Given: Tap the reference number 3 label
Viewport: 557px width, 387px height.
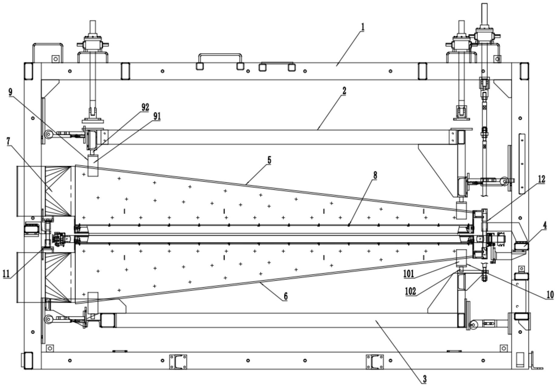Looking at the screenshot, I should (x=425, y=379).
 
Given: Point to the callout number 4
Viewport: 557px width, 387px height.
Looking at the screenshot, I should (x=545, y=225).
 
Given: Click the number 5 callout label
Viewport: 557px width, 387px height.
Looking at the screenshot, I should (x=269, y=160).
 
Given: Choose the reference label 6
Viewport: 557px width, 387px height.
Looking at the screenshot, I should (x=285, y=296).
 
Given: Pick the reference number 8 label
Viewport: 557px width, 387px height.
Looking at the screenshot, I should (x=375, y=175).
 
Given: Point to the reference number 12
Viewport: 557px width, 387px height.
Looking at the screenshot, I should (x=541, y=180).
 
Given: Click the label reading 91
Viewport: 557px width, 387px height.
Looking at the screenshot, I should (x=157, y=116).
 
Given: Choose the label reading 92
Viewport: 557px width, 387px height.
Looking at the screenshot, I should (x=145, y=107).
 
